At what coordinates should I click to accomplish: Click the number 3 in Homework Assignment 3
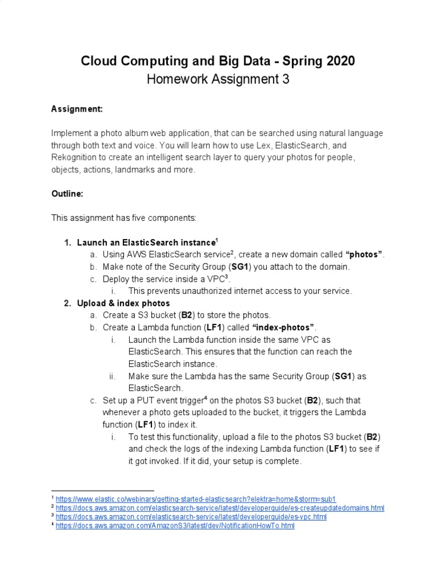(286, 79)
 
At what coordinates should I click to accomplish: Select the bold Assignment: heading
(77, 108)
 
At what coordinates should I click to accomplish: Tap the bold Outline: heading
(68, 194)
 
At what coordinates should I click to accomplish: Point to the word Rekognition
(75, 158)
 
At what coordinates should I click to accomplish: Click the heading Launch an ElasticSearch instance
(146, 243)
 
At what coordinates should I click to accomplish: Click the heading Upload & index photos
(123, 303)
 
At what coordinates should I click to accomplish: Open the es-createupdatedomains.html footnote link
(220, 507)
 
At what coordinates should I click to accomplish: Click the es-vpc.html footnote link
(191, 516)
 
